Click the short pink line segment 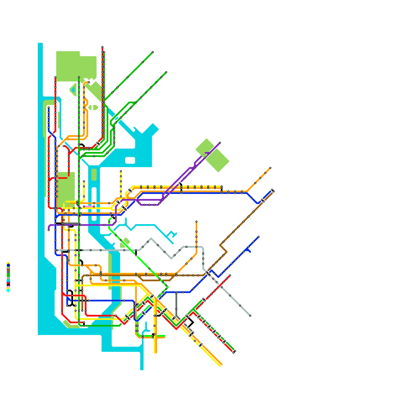coord(88,207)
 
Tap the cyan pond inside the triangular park coord(73,90)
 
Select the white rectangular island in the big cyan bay coord(130,160)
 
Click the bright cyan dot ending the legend coord(8,291)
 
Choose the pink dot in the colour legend coord(8,287)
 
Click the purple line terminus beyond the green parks coord(220,143)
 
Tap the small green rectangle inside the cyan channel coord(94,175)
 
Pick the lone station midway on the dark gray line coord(176,309)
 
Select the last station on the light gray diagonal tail coord(250,316)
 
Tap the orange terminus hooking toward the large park coord(89,82)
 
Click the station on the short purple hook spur coord(210,153)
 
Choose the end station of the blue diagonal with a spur coord(258,237)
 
